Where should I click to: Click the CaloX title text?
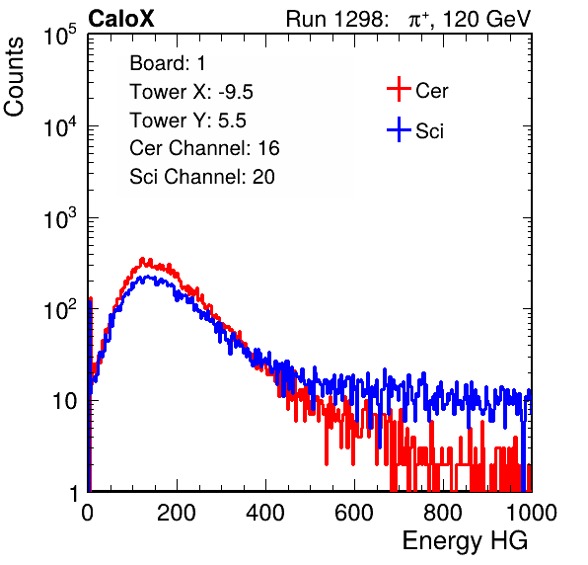(x=120, y=19)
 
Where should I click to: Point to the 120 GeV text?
(x=487, y=19)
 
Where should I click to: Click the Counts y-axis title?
(x=14, y=77)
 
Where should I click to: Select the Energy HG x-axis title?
(x=465, y=541)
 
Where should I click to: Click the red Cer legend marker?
(x=399, y=89)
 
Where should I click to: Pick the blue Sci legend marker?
(x=399, y=129)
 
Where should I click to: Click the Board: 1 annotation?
(x=168, y=63)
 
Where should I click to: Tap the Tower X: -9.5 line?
(x=191, y=92)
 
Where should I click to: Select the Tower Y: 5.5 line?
(x=187, y=121)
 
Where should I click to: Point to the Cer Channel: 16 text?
(x=204, y=148)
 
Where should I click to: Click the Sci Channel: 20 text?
(x=202, y=177)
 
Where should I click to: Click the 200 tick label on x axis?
(x=177, y=513)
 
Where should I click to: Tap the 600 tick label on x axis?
(x=354, y=513)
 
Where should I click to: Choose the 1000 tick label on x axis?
(x=532, y=513)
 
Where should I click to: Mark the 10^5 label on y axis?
(x=60, y=35)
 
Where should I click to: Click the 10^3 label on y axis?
(x=60, y=217)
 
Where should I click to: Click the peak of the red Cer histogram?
(x=142, y=259)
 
